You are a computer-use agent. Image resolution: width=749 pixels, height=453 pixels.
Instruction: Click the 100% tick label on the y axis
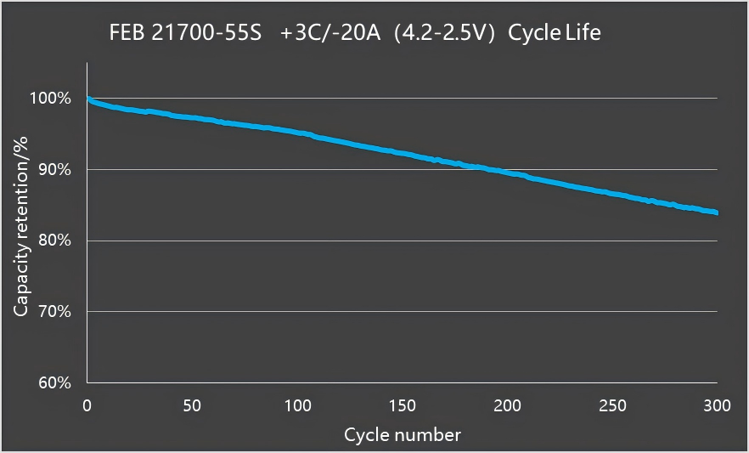(50, 99)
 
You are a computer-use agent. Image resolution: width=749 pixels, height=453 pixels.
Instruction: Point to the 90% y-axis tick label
(54, 170)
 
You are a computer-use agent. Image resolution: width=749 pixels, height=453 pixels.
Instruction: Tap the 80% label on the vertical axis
(54, 241)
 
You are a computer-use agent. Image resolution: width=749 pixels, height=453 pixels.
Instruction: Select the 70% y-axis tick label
(54, 312)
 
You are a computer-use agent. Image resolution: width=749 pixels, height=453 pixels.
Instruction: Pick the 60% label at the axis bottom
(54, 382)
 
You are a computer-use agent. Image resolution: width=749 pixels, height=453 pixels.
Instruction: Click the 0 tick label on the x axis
(87, 405)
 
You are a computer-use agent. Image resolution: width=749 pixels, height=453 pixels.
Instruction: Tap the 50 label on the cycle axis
(192, 405)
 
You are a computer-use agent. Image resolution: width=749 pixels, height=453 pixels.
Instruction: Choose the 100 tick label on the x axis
(297, 405)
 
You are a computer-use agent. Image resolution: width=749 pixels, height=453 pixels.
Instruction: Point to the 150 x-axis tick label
(403, 405)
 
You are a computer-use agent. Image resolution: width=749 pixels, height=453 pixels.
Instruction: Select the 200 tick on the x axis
(507, 405)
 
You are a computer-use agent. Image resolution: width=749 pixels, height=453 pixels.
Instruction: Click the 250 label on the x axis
(612, 405)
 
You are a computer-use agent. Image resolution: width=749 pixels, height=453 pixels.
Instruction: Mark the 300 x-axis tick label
(717, 405)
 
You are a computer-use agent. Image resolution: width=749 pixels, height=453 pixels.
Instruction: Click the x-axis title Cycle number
(403, 435)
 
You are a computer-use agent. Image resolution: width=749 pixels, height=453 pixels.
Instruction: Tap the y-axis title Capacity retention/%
(21, 226)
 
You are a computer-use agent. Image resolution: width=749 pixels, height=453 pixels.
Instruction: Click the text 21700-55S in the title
(206, 33)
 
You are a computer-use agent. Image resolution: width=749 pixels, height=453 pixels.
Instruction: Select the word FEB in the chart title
(127, 33)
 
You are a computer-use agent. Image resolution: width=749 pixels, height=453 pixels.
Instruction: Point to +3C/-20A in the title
(330, 33)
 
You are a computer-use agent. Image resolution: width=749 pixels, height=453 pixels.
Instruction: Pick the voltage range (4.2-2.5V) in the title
(444, 33)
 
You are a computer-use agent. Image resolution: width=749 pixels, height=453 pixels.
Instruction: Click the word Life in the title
(583, 33)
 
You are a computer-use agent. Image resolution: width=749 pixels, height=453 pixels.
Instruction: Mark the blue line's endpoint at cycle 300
(717, 212)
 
